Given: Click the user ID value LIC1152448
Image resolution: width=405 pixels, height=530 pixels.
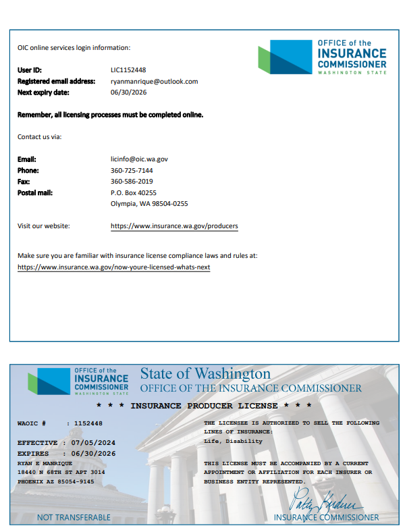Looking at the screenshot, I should click(x=128, y=70).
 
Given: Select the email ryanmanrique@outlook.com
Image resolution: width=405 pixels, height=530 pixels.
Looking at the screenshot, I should click(x=154, y=81).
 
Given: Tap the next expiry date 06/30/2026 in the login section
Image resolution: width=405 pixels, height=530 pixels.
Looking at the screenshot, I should click(x=128, y=92).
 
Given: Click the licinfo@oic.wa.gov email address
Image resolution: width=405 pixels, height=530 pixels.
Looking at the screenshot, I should click(x=139, y=159).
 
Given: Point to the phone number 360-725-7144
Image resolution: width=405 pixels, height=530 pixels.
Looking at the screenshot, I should click(x=132, y=170).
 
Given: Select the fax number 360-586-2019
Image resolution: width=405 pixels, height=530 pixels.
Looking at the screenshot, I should click(x=132, y=181).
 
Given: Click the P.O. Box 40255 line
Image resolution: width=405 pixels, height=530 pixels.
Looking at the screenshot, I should click(x=133, y=192).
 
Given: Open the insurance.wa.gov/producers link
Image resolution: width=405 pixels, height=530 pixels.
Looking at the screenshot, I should click(x=174, y=226).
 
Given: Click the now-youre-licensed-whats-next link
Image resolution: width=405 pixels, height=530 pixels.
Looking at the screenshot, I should click(x=113, y=267).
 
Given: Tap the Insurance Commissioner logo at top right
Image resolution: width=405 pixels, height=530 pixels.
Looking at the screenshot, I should click(x=323, y=57).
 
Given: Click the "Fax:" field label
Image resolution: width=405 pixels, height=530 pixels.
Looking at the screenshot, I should click(x=24, y=181).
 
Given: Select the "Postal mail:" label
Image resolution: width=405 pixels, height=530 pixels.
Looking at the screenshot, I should click(x=34, y=192).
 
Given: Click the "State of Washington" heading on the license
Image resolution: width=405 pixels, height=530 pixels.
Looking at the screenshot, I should click(x=205, y=373).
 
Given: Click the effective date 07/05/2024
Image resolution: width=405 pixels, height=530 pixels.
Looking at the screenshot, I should click(x=94, y=443).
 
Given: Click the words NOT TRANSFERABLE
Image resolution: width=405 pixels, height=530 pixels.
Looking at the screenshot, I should click(x=74, y=517).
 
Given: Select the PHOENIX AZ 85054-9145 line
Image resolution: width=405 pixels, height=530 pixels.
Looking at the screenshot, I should click(x=55, y=481).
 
